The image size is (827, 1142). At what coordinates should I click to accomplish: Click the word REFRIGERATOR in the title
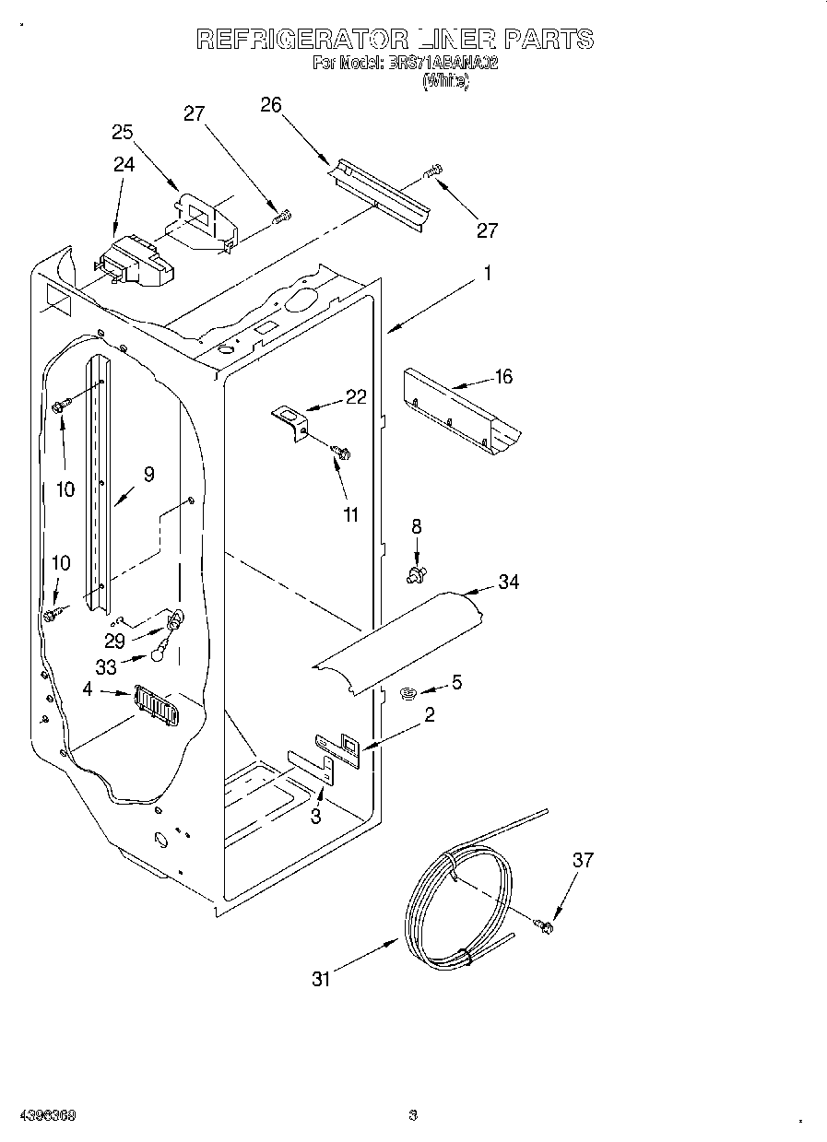point(302,39)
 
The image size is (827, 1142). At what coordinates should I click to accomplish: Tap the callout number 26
point(270,104)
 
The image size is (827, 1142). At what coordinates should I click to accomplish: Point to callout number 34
point(508,582)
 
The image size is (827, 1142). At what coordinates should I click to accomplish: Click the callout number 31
point(320,980)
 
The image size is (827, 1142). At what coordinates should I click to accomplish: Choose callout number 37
point(583,860)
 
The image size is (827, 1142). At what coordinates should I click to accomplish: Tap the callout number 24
point(124,164)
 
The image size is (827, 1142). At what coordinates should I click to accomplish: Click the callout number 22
point(356,397)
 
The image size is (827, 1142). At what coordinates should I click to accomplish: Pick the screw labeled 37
point(543,923)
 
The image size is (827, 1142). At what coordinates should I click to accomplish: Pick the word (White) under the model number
point(445,81)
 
